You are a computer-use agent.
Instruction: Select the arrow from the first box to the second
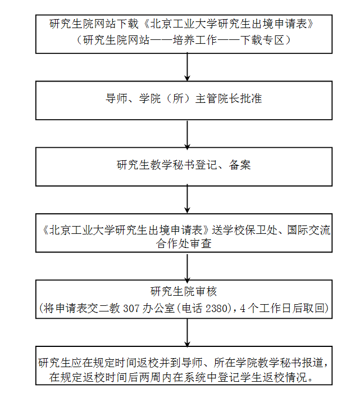click(187, 67)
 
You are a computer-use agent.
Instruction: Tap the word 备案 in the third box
click(240, 165)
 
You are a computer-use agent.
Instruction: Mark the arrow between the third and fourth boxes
click(187, 200)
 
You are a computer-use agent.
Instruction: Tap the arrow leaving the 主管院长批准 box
click(187, 134)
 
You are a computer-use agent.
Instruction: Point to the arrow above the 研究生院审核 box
click(187, 267)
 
